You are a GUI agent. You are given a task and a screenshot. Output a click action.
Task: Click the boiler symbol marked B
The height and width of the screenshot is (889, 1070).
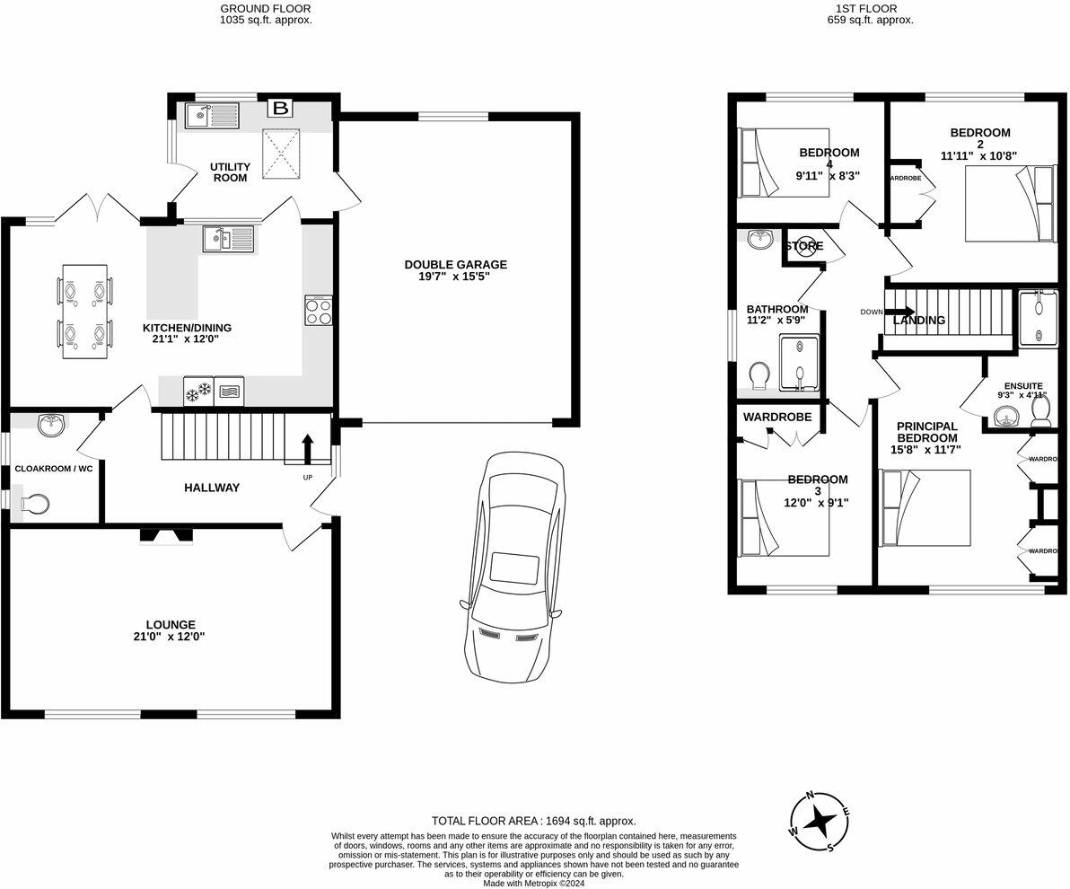click(x=280, y=109)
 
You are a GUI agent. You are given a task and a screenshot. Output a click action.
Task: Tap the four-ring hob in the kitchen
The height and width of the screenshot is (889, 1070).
click(x=319, y=311)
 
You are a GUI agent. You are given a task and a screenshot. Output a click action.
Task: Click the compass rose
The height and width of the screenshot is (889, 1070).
click(x=819, y=819)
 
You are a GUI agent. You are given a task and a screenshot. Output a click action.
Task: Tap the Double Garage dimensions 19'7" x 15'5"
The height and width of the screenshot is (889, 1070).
click(x=455, y=277)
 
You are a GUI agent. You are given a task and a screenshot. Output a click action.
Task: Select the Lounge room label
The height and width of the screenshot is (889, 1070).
click(x=171, y=624)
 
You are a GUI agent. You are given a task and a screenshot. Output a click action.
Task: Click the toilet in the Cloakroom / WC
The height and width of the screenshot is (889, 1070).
click(x=33, y=505)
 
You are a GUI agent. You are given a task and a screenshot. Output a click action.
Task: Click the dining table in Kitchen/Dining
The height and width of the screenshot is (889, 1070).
click(x=85, y=312)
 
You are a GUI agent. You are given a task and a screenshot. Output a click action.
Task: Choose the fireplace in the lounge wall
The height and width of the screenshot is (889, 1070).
click(x=167, y=536)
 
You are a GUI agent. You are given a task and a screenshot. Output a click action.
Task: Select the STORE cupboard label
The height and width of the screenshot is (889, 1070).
click(x=804, y=246)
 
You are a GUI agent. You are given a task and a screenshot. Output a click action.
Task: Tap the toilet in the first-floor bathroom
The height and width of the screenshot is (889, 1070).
click(x=758, y=374)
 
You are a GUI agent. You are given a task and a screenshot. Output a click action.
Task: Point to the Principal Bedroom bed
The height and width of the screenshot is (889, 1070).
click(x=925, y=507)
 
